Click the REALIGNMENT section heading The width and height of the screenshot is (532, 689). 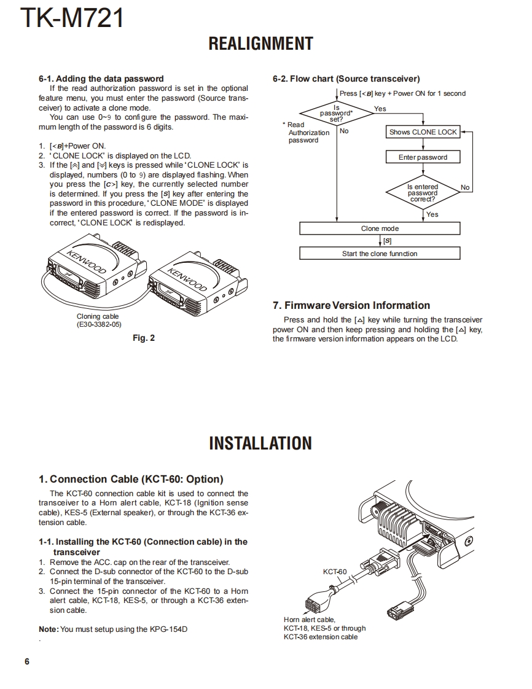[x=260, y=44]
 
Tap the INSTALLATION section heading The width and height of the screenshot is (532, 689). [x=260, y=443]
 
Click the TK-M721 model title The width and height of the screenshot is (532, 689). [x=72, y=18]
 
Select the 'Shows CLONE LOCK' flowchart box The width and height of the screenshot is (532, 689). [x=423, y=132]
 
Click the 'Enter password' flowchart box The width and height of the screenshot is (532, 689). [x=423, y=157]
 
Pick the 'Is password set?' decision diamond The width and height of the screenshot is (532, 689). [x=337, y=113]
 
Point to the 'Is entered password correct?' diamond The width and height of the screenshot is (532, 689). [x=423, y=193]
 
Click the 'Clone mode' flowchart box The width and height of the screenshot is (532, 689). [x=380, y=228]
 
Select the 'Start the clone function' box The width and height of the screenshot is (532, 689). [x=380, y=254]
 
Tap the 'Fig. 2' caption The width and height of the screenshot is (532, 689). [x=144, y=338]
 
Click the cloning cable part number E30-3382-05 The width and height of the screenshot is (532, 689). [x=99, y=324]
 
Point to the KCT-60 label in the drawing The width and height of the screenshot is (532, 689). [x=335, y=572]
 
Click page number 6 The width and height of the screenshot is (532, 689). [x=26, y=661]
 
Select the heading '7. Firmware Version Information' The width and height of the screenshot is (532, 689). [x=351, y=305]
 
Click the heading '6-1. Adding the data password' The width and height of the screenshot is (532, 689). [x=101, y=79]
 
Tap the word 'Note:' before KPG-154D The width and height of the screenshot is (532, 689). [x=49, y=629]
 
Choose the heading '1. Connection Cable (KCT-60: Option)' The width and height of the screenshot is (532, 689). [x=131, y=479]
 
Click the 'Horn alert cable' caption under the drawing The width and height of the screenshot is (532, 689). [x=310, y=620]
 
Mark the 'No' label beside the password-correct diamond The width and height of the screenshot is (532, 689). [x=465, y=187]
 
